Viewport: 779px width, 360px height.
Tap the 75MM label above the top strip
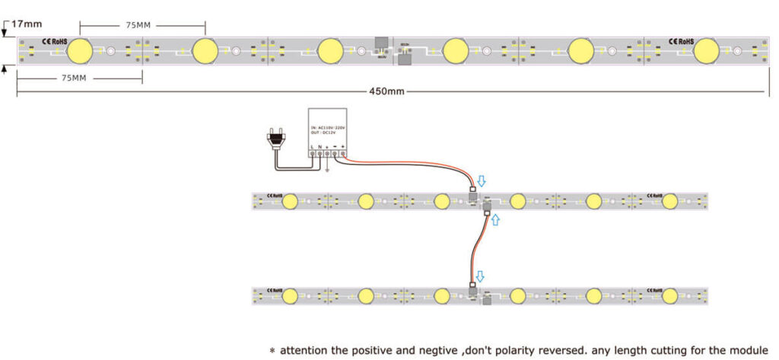[138, 25]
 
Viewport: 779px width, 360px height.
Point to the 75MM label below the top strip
[74, 78]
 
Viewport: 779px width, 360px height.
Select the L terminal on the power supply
[311, 153]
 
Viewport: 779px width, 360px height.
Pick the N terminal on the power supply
[319, 153]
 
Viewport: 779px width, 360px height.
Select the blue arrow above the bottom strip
[480, 276]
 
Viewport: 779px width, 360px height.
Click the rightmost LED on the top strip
[705, 51]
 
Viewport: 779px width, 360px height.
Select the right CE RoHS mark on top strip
[681, 39]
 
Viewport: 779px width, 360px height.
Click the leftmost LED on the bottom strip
[289, 295]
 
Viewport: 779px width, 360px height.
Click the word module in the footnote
[749, 350]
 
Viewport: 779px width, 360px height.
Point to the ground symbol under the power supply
[327, 169]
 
